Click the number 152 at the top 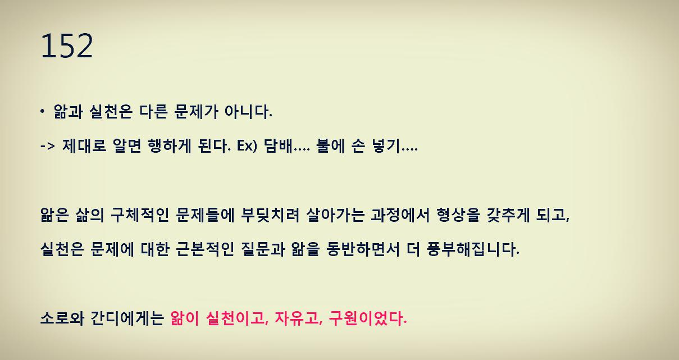click(66, 47)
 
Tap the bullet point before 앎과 click(42, 112)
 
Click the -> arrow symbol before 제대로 click(48, 148)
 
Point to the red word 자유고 click(293, 319)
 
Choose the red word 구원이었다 click(367, 319)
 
